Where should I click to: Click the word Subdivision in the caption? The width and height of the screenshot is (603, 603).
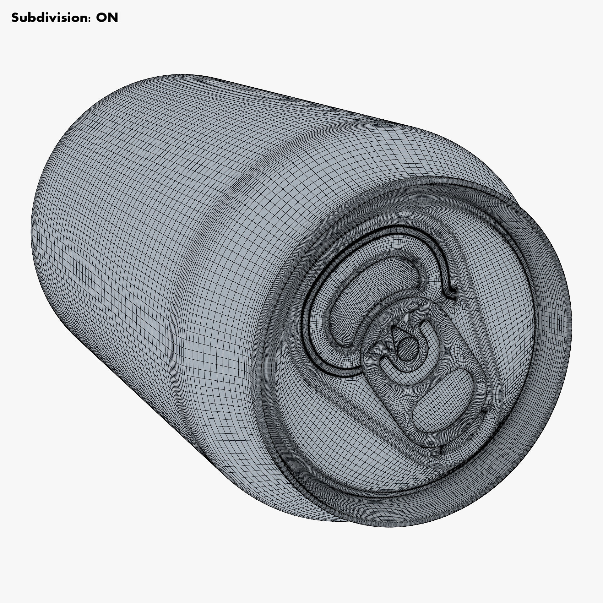click(47, 18)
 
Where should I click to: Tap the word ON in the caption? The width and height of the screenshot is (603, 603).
click(107, 18)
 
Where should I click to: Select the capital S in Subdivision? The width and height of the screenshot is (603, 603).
click(15, 18)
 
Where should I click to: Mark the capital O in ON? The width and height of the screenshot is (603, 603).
click(101, 18)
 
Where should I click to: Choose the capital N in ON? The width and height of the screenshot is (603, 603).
click(113, 18)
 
